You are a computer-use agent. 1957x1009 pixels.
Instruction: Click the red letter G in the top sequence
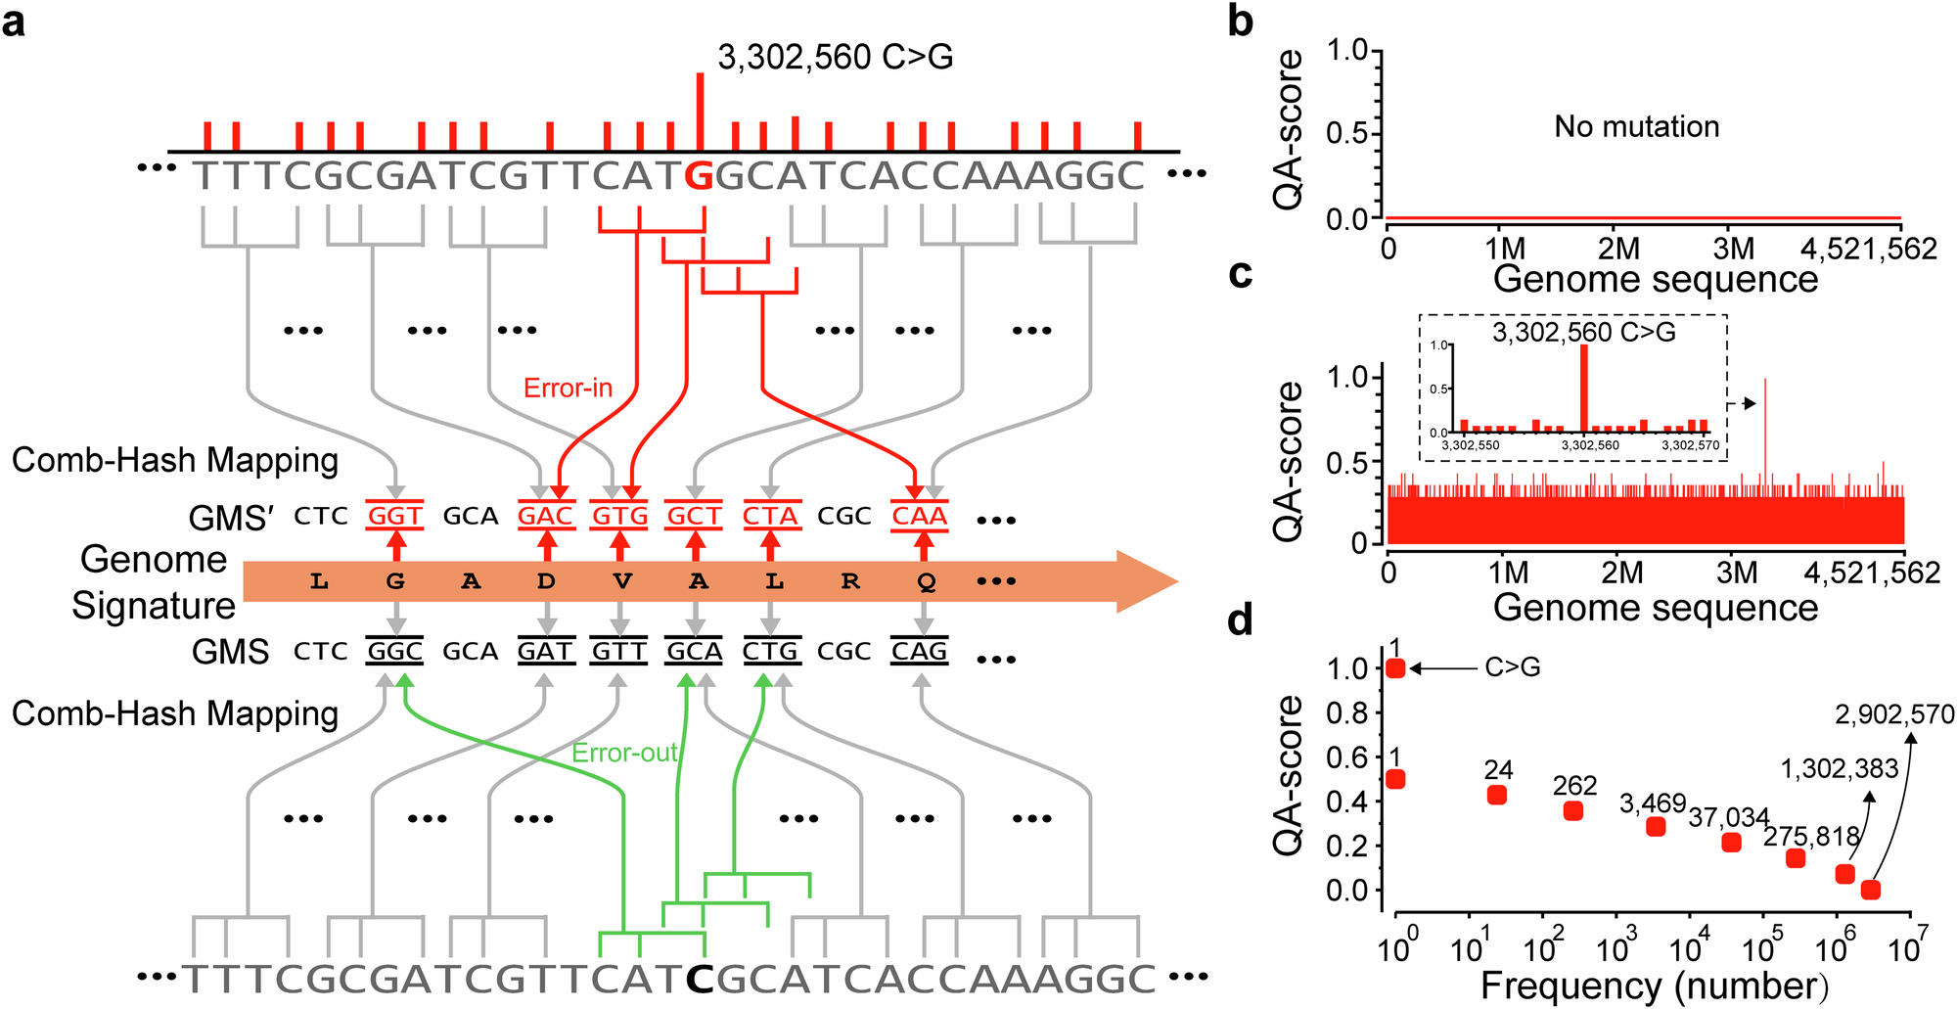[x=699, y=176]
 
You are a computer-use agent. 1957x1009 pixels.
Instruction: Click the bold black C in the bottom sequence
[x=699, y=978]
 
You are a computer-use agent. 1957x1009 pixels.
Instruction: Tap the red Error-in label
[x=568, y=389]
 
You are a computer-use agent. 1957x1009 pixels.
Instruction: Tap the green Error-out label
[x=624, y=753]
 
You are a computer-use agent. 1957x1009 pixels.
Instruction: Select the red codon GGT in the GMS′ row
[x=394, y=516]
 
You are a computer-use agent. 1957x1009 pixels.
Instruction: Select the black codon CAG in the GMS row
[x=919, y=651]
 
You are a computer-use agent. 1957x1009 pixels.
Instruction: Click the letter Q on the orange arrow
[x=926, y=582]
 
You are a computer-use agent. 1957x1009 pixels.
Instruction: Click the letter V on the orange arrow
[x=621, y=582]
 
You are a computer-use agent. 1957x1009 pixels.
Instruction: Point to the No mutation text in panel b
[x=1636, y=126]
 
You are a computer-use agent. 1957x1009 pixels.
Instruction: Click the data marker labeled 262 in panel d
[x=1573, y=810]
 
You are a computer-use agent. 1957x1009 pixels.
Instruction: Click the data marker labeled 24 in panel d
[x=1496, y=795]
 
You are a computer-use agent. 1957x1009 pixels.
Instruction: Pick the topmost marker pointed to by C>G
[x=1395, y=668]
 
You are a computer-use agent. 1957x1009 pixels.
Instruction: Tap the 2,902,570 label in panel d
[x=1894, y=715]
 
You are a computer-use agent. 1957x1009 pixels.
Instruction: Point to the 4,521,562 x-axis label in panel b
[x=1868, y=249]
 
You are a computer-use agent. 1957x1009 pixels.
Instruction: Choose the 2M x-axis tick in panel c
[x=1622, y=573]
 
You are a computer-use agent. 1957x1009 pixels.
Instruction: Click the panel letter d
[x=1240, y=619]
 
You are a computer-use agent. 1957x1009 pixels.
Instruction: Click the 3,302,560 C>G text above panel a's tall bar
[x=835, y=57]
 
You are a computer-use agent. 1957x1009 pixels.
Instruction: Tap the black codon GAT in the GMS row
[x=545, y=651]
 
